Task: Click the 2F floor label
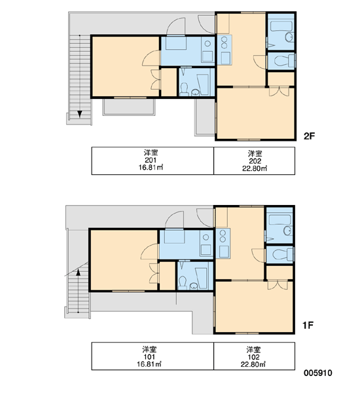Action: (309, 136)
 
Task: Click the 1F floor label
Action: (308, 326)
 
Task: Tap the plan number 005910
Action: (318, 373)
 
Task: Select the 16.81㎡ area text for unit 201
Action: (151, 167)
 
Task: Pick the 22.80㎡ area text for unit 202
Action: (255, 168)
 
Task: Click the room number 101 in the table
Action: (149, 357)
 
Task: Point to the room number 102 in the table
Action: (253, 357)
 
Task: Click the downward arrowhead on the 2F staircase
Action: (80, 114)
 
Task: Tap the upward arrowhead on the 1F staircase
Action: (78, 272)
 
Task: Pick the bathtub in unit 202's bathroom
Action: (281, 26)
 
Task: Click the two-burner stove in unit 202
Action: (224, 43)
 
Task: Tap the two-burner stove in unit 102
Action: (223, 236)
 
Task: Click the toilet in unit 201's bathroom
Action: (184, 90)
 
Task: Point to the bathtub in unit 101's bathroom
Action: (201, 278)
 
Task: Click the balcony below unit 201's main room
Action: (129, 107)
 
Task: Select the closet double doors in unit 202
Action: (279, 92)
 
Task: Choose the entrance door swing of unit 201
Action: (176, 26)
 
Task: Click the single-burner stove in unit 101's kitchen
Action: (206, 237)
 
